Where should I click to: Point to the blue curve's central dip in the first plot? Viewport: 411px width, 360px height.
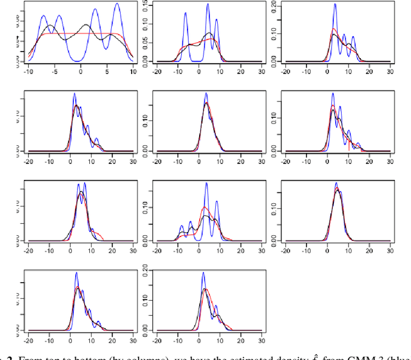click(80, 61)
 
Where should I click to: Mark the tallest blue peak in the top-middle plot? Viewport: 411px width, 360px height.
click(207, 4)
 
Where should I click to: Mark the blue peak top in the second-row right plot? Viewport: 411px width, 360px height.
click(333, 94)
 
